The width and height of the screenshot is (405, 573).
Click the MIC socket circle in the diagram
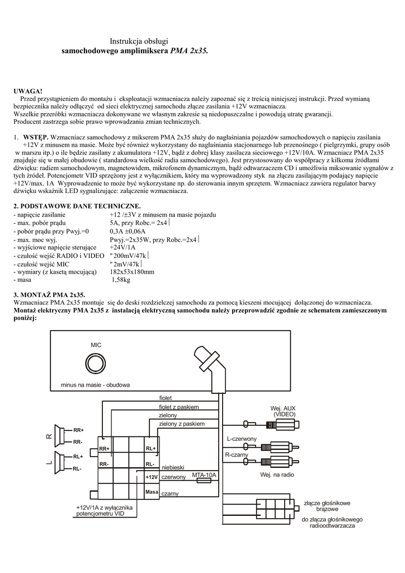pos(96,364)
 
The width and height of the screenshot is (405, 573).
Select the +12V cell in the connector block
pos(152,477)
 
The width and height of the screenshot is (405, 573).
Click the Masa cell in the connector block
pos(152,492)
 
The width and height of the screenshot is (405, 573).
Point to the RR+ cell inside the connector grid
pos(105,449)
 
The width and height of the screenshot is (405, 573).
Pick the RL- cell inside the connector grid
pos(150,464)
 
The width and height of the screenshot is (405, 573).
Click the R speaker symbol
pos(60,435)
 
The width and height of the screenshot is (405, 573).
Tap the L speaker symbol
pos(60,462)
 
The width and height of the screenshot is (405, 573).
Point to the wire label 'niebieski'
pos(173,467)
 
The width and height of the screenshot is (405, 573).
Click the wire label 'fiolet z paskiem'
pos(179,407)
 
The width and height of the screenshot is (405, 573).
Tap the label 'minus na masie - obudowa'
pos(96,386)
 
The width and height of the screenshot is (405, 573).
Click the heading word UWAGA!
pos(28,91)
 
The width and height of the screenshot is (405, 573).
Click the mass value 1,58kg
pos(121,279)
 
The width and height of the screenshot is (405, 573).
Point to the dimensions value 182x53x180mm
pos(132,271)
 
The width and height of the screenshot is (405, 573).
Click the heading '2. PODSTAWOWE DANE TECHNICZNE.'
pos(73,206)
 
